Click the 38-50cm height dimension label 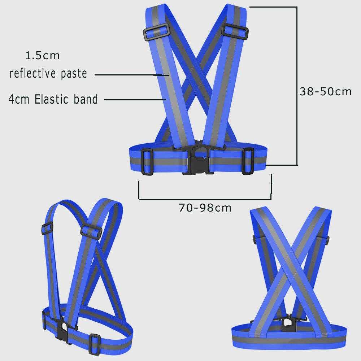[326, 91]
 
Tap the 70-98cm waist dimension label [205, 208]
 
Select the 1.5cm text [43, 56]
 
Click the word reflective [32, 73]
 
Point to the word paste [74, 74]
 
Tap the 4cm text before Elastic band [19, 99]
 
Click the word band [86, 99]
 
